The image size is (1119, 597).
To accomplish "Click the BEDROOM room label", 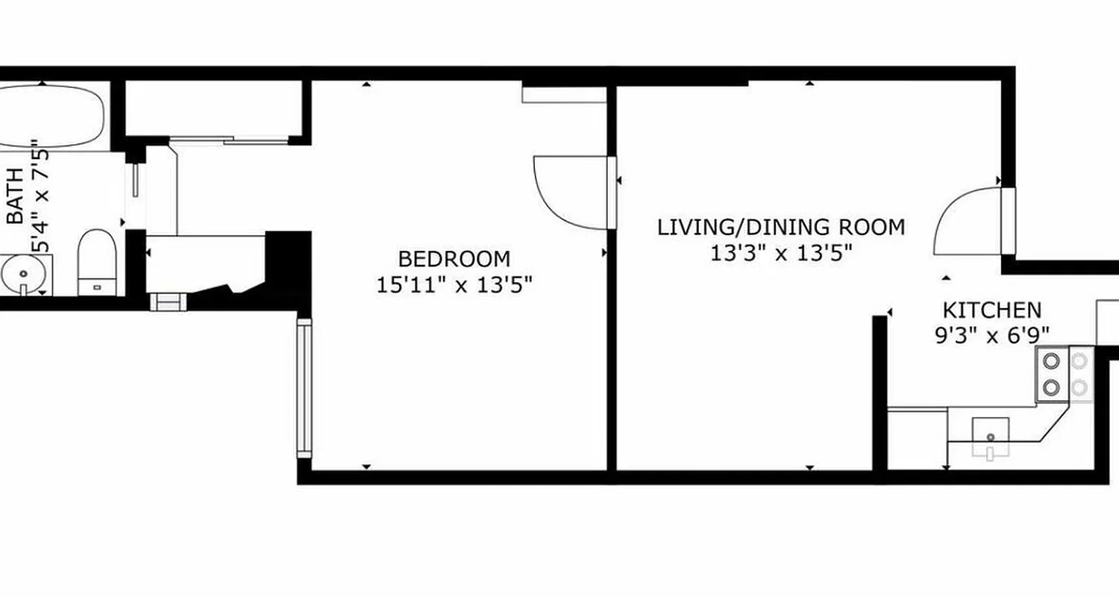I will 454,259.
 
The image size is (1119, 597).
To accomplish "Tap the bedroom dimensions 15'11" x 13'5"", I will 454,285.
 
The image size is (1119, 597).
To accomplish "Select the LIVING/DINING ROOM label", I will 780,227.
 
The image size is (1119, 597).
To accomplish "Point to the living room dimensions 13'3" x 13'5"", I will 780,253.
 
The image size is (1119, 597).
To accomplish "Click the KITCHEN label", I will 991,310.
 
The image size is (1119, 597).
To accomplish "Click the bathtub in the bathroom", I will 48,116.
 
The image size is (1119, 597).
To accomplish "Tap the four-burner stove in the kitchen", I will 1063,374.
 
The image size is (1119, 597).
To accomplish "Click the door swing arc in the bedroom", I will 567,190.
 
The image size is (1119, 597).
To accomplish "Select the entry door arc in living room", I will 967,221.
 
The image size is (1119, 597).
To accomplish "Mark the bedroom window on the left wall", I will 304,388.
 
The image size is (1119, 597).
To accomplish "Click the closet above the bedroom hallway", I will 213,108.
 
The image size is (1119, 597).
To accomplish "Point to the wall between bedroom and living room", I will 612,336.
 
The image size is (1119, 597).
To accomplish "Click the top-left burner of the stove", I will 1051,361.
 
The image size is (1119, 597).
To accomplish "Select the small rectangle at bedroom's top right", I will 563,95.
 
